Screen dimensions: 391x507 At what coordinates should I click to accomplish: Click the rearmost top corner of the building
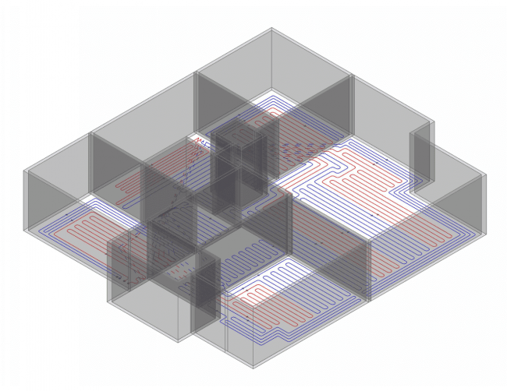tap(272, 29)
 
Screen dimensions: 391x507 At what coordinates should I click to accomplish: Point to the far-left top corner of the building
tap(26, 171)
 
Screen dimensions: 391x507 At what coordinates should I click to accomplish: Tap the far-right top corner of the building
tap(484, 175)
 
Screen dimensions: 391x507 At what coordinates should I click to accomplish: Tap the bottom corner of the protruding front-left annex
tap(178, 341)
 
